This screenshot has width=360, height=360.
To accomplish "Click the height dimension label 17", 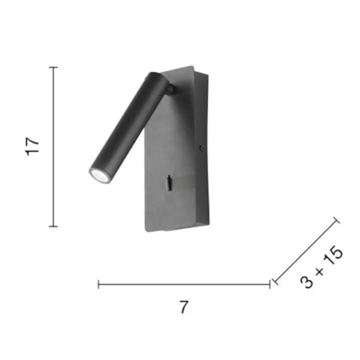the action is click(32, 147).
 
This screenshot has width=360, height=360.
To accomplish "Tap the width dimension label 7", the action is click(184, 307).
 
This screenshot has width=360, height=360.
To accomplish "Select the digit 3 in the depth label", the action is click(306, 282).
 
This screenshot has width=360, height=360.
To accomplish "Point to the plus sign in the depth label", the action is click(319, 271).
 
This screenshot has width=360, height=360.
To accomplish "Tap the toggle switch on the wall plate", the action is click(169, 183).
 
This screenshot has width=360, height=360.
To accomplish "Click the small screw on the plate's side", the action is click(202, 148).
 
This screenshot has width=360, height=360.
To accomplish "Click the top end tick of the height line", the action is click(53, 67).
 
